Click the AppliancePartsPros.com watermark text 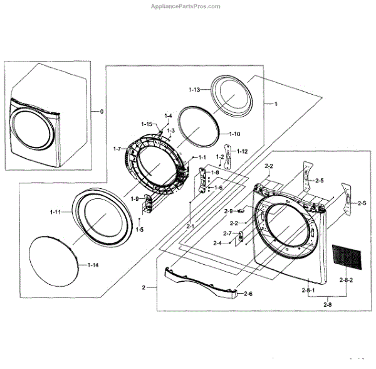186,6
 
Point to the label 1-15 147,124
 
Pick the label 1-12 242,151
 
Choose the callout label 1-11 56,212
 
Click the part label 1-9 134,199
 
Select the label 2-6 248,294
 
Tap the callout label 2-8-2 346,280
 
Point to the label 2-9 228,211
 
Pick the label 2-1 189,225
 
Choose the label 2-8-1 308,290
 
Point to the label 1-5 139,230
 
